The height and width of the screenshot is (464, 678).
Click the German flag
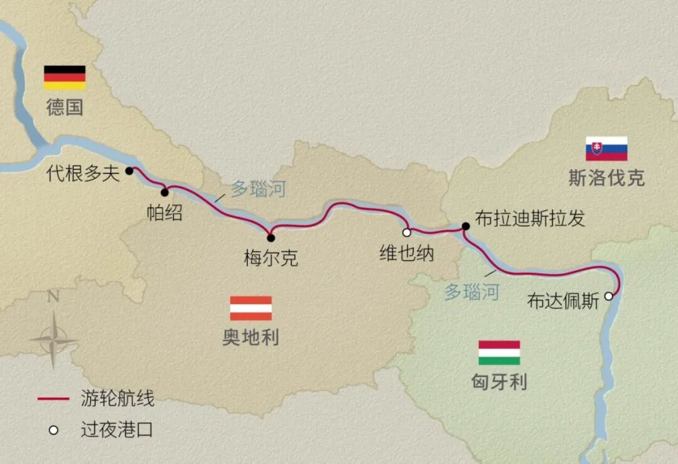click(x=65, y=77)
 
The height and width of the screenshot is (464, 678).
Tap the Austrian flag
click(x=250, y=308)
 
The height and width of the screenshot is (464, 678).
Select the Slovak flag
click(x=606, y=148)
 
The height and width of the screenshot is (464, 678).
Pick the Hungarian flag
click(x=499, y=353)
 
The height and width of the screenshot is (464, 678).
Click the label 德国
click(x=65, y=107)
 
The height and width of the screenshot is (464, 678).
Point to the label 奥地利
click(x=250, y=338)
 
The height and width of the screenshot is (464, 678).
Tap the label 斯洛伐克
click(x=606, y=178)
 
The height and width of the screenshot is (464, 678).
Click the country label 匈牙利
click(x=499, y=382)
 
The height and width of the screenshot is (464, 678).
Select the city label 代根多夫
click(x=83, y=174)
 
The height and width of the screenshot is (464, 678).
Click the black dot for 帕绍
click(x=164, y=192)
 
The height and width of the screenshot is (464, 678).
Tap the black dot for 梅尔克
click(x=271, y=238)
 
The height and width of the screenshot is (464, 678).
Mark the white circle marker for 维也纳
click(x=407, y=232)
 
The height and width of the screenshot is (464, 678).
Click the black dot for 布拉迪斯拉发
click(x=465, y=226)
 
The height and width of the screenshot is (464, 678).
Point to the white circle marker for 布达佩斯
click(x=608, y=296)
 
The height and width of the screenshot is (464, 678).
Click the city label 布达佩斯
click(x=563, y=301)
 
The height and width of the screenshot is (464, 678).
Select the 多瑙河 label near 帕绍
click(x=258, y=189)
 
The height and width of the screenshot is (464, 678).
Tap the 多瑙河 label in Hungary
click(x=472, y=292)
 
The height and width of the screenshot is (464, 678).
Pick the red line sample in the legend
click(x=53, y=399)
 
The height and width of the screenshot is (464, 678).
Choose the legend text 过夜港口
click(x=117, y=430)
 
